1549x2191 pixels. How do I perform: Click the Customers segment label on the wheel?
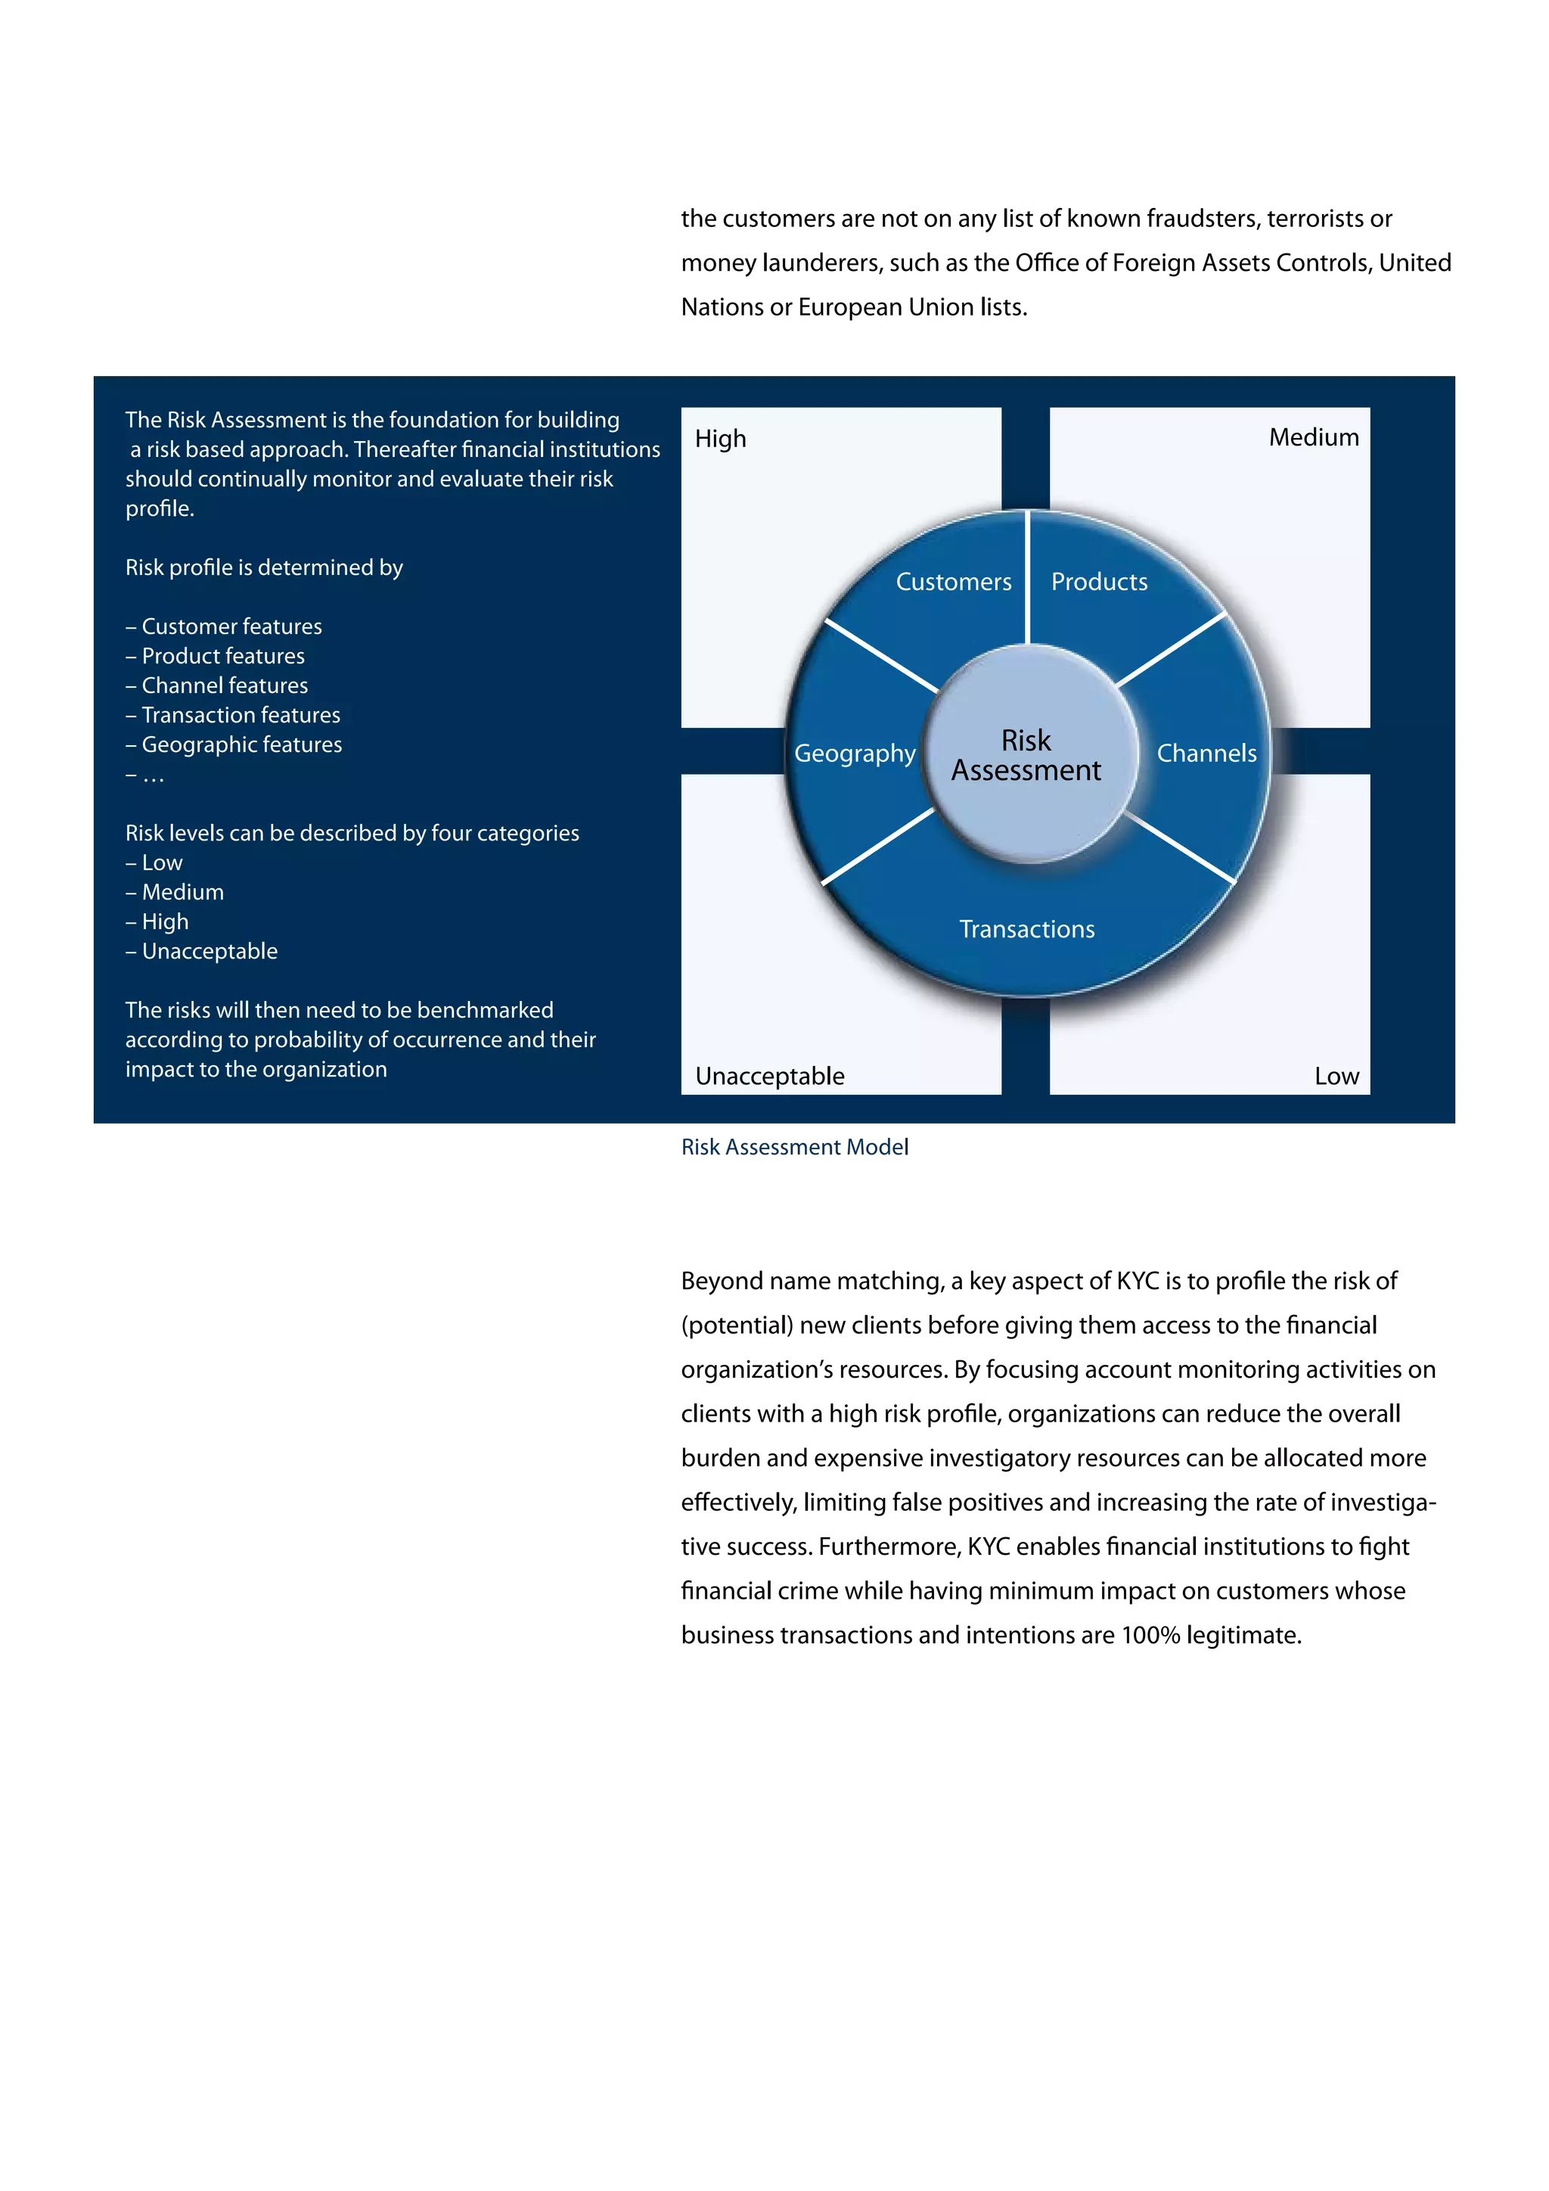point(953,582)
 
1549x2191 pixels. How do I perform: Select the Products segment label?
point(1099,582)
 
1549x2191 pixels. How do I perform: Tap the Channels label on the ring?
point(1206,754)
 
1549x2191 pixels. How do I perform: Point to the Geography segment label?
point(855,754)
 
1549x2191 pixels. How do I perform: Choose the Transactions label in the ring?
point(1026,930)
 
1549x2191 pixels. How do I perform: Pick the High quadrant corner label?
point(720,439)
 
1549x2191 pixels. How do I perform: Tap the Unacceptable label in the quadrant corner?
point(770,1077)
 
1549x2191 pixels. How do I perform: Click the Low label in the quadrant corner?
point(1336,1077)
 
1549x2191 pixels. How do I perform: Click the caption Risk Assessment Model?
point(793,1147)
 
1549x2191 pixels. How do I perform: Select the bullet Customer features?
point(231,627)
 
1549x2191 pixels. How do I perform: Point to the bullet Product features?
point(222,657)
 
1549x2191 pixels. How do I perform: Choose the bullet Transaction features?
point(241,716)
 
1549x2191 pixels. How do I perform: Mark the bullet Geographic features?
point(241,745)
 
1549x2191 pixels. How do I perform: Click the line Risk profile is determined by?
point(264,567)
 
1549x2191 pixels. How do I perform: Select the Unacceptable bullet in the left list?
point(209,952)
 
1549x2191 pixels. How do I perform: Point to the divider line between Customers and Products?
point(1026,577)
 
